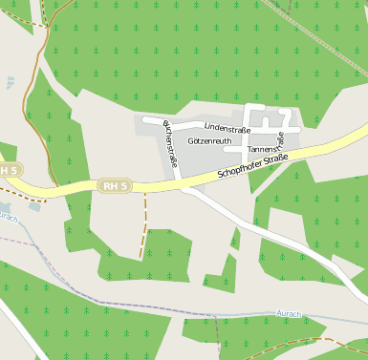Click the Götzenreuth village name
point(209,140)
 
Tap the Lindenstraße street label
point(227,128)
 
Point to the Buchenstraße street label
point(170,143)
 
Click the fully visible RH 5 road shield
point(114,185)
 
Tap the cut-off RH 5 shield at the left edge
point(9,170)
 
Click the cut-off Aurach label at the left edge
point(8,216)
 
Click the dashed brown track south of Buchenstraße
point(143,229)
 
